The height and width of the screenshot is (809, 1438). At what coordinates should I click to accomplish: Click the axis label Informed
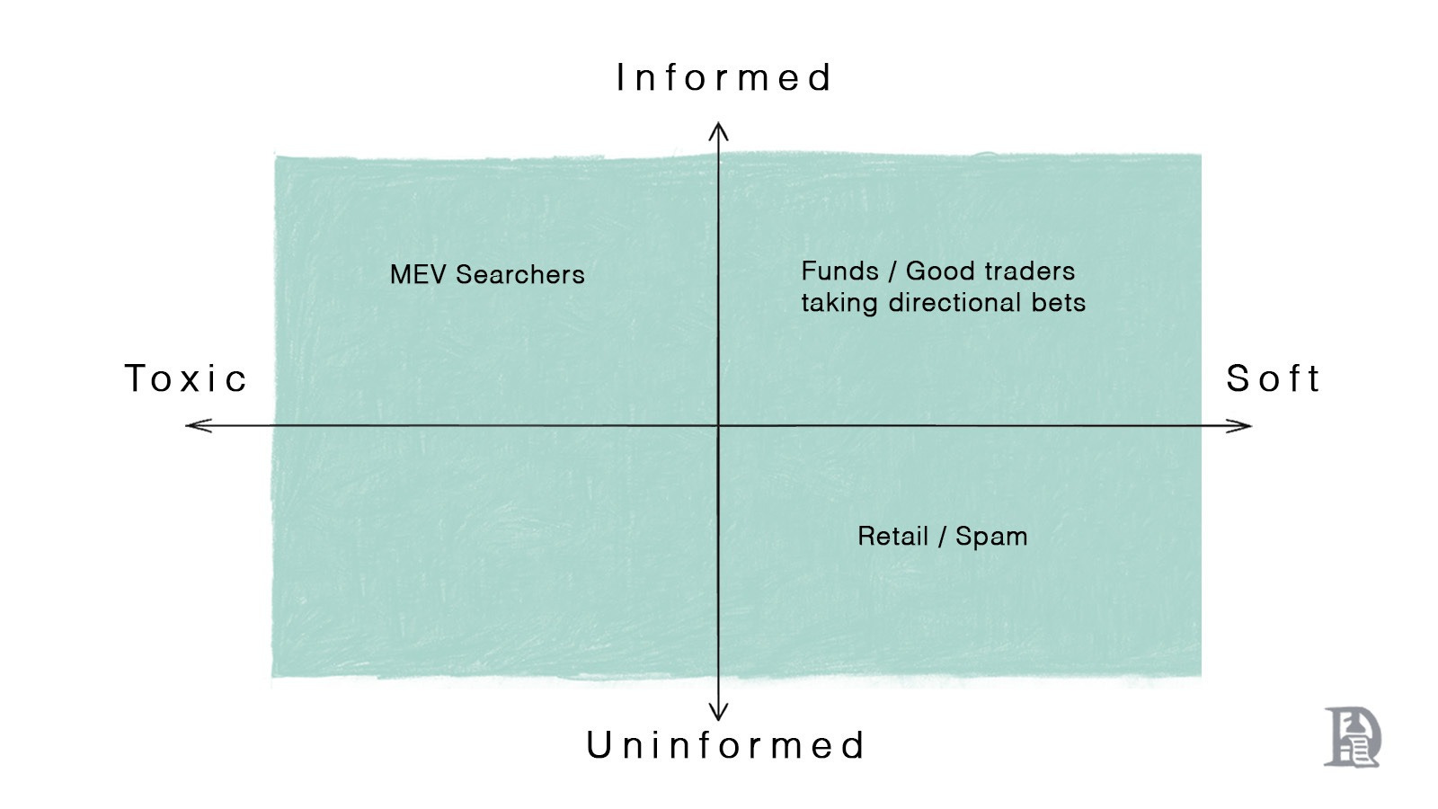(x=723, y=78)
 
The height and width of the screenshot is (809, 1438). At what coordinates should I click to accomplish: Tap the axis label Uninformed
(x=725, y=746)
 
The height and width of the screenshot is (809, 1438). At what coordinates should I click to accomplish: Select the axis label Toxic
(x=185, y=378)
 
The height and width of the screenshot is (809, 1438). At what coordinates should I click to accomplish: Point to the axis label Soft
(x=1273, y=378)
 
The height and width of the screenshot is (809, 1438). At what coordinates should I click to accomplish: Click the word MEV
(x=419, y=274)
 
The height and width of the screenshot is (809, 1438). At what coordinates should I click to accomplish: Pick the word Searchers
(x=520, y=274)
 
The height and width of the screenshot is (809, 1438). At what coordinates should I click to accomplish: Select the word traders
(x=1030, y=271)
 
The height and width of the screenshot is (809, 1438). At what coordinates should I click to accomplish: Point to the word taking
(x=839, y=303)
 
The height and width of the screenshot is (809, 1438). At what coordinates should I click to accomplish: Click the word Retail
(x=892, y=536)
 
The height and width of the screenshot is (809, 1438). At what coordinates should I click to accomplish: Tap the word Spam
(x=991, y=537)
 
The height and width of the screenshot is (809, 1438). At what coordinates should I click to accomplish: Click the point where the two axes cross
(x=718, y=425)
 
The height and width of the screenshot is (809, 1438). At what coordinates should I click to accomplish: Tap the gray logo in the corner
(x=1352, y=737)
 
